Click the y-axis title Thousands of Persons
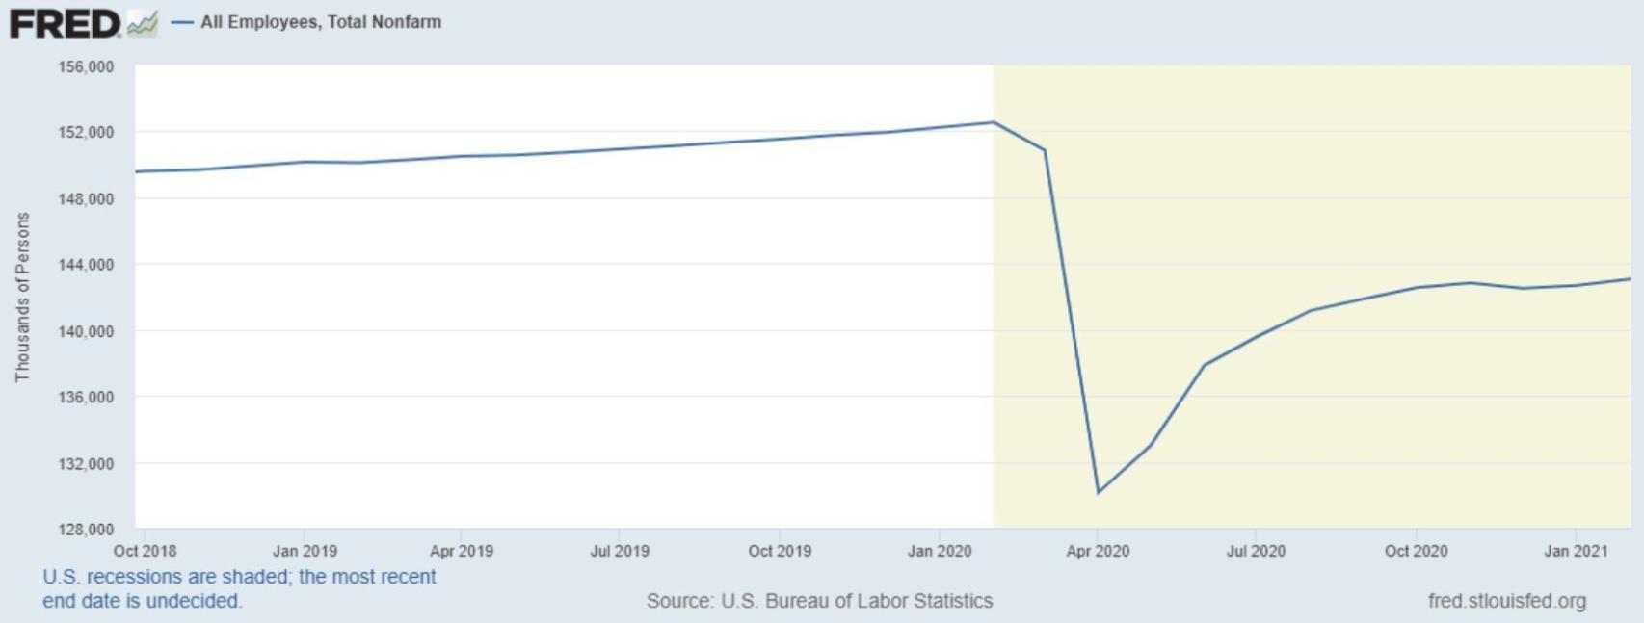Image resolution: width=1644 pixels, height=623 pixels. pyautogui.click(x=22, y=298)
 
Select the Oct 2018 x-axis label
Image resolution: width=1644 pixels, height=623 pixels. pyautogui.click(x=145, y=551)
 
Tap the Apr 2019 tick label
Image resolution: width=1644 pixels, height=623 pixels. pyautogui.click(x=461, y=551)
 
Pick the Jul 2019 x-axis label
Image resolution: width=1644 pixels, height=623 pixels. pyautogui.click(x=619, y=551)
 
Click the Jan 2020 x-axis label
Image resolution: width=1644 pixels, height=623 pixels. pyautogui.click(x=939, y=551)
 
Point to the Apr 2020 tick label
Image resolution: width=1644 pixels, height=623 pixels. pyautogui.click(x=1097, y=551)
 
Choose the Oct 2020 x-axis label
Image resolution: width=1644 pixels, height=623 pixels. pyautogui.click(x=1416, y=551)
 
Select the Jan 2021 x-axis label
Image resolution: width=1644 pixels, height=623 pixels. pyautogui.click(x=1575, y=551)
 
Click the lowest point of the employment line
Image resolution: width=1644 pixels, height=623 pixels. pyautogui.click(x=1098, y=493)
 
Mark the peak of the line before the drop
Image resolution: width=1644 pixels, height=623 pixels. pyautogui.click(x=994, y=122)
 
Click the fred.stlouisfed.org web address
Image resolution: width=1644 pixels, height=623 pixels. pyautogui.click(x=1506, y=601)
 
